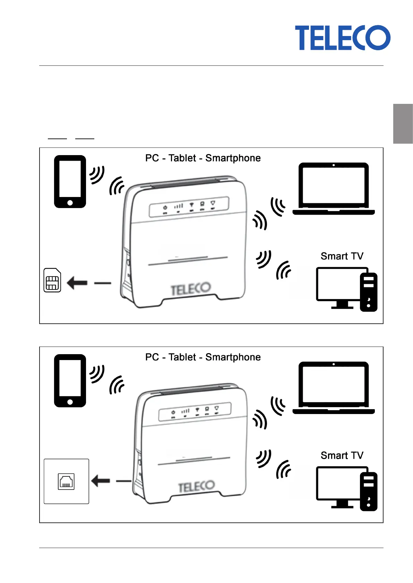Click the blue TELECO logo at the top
(x=343, y=38)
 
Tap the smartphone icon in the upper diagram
(x=70, y=181)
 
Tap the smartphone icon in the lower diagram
(x=70, y=380)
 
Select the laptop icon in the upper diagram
(x=334, y=189)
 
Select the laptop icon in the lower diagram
(x=334, y=388)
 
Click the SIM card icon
(x=52, y=280)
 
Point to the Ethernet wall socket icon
(x=66, y=481)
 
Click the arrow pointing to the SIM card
(x=77, y=283)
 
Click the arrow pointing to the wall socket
(x=101, y=481)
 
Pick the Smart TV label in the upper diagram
(x=342, y=256)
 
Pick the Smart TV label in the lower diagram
(x=342, y=455)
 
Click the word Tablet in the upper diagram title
(x=182, y=158)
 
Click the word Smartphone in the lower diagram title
(x=233, y=357)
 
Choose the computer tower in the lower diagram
(x=369, y=491)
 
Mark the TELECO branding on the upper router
(x=191, y=289)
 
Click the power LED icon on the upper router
(x=165, y=207)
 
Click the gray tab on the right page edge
(x=403, y=124)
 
